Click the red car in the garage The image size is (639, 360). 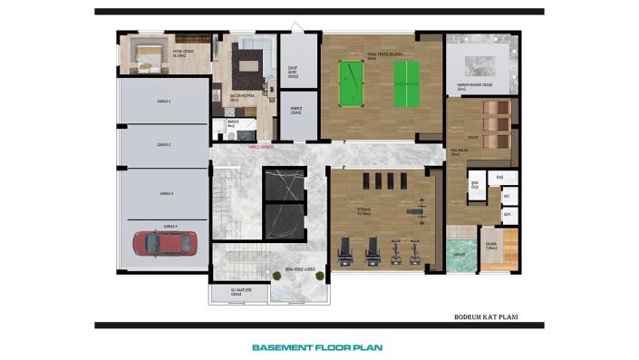(x=164, y=243)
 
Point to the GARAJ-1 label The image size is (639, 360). (x=165, y=102)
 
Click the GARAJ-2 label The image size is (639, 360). (x=165, y=144)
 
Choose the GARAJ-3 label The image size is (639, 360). (x=165, y=193)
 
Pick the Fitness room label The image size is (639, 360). (x=364, y=210)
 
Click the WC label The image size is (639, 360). (x=507, y=195)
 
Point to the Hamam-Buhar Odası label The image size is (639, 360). (x=474, y=87)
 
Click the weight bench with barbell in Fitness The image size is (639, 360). (x=417, y=213)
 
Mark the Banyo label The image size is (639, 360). (x=232, y=122)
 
